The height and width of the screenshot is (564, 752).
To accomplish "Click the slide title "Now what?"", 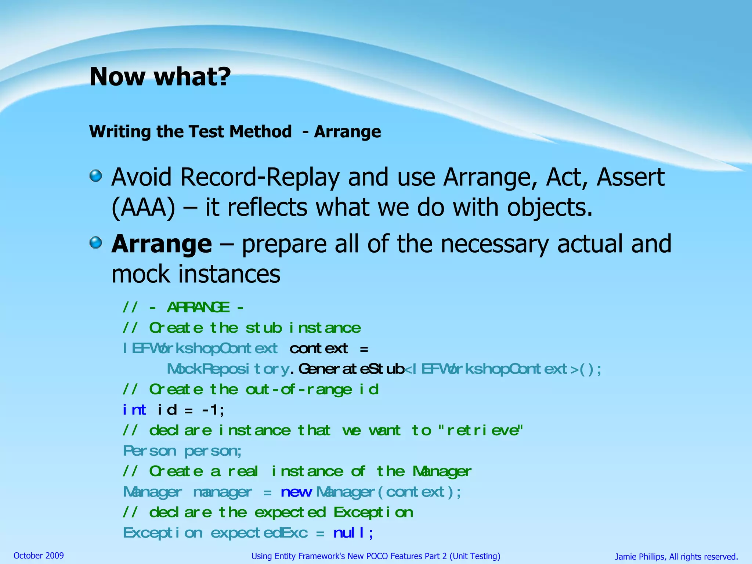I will pos(160,77).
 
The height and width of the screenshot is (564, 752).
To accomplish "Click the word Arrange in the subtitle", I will pos(347,131).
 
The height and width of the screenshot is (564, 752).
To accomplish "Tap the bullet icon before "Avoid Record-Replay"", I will pos(96,176).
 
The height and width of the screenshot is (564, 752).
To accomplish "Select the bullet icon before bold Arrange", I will pos(96,242).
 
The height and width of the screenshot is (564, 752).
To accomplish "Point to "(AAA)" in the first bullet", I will pos(143,208).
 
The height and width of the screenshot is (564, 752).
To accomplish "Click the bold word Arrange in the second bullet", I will pos(162,244).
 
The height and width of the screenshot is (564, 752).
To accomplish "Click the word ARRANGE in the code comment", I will pos(198,307).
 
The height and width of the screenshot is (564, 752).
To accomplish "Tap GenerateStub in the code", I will pos(351,369).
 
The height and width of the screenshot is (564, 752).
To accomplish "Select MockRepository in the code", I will pos(228,369).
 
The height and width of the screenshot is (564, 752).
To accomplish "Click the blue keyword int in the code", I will pos(134,410).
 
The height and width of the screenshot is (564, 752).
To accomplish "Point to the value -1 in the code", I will pos(210,410).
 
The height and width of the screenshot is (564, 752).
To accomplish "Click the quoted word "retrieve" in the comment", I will pos(481,430).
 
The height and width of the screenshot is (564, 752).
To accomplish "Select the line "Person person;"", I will pos(182,451).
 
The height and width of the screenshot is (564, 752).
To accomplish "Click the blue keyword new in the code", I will pos(296,492).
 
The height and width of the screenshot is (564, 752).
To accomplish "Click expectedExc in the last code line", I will pos(259,533).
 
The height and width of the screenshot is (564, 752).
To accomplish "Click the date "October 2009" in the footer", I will pos(39,556).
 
